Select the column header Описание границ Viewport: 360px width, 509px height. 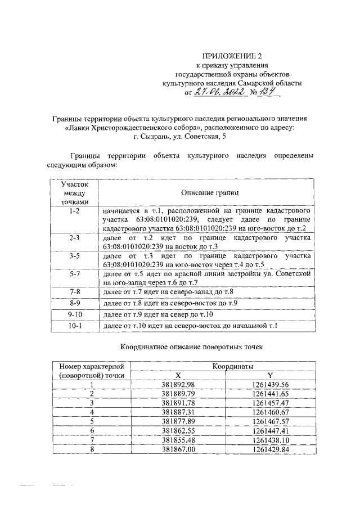[x=206, y=192]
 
